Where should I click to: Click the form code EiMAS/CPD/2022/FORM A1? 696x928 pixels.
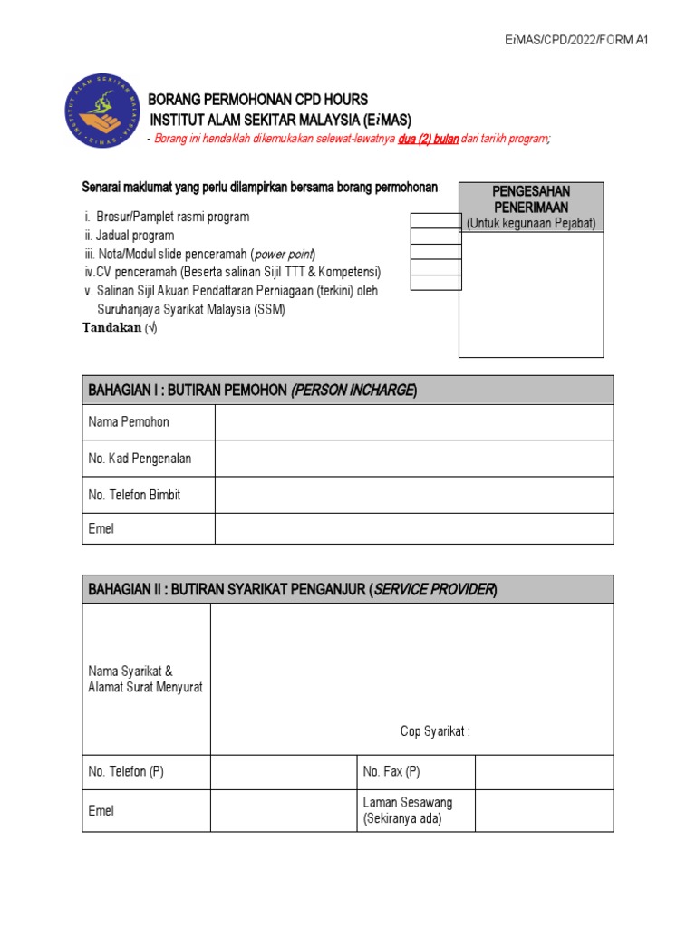(576, 40)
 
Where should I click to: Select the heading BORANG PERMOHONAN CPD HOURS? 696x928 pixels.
(258, 100)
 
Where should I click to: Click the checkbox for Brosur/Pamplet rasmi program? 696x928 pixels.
(436, 220)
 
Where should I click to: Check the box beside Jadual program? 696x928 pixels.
(436, 236)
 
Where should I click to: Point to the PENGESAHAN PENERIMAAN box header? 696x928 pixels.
(531, 199)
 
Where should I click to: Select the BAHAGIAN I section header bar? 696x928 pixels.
(348, 390)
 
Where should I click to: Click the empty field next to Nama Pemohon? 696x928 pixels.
(414, 422)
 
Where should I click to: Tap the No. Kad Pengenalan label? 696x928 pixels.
(140, 459)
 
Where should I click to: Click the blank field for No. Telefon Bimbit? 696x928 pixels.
(414, 495)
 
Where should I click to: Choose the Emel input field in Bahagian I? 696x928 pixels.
(414, 528)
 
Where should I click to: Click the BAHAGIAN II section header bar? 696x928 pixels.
(348, 590)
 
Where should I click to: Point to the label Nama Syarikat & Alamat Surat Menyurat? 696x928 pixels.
(145, 679)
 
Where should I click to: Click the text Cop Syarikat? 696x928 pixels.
(435, 731)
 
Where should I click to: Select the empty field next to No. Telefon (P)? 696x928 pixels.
(283, 772)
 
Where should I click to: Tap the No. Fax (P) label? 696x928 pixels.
(391, 772)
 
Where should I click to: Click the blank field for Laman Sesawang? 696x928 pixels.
(544, 810)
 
